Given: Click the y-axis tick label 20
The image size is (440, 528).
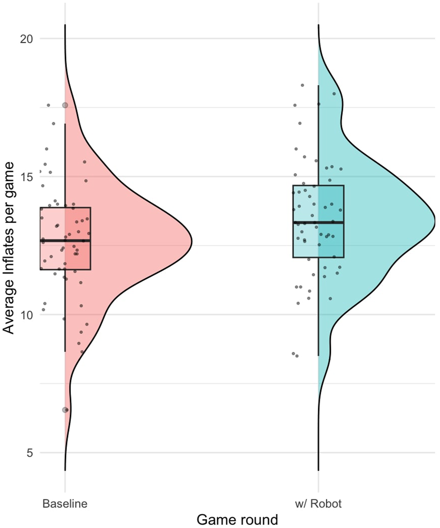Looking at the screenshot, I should click(26, 39).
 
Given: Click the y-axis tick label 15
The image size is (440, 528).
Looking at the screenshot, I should click(26, 177).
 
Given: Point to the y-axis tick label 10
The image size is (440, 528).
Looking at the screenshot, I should click(26, 315).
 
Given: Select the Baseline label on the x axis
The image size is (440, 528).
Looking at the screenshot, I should click(65, 504).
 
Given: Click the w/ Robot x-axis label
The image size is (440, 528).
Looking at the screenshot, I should click(318, 504).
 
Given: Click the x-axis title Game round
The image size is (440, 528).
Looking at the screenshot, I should click(237, 520).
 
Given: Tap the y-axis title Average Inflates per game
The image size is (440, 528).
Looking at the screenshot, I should click(9, 248).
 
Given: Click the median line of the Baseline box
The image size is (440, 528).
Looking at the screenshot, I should click(65, 240).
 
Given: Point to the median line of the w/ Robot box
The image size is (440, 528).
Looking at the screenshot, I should click(318, 222).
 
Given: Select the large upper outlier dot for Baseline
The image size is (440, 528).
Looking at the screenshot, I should click(65, 106).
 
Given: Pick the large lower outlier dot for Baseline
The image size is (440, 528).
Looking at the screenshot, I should click(65, 410).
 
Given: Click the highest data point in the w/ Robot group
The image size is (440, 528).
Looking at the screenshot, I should click(302, 85).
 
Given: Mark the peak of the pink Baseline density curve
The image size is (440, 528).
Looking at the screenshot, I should click(191, 242).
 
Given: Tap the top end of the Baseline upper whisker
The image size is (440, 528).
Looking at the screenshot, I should click(65, 124).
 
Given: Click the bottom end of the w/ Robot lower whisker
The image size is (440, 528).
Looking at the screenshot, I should click(318, 355).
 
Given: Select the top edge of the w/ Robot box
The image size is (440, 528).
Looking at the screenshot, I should click(318, 185).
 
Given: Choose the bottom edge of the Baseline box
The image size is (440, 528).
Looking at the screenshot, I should click(65, 270).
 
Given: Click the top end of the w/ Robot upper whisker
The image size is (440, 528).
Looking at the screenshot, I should click(318, 86).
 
